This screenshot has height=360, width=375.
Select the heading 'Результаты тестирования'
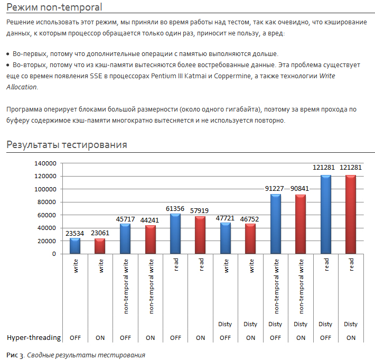67,145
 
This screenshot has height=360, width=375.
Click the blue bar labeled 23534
75,246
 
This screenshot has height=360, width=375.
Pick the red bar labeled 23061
100,246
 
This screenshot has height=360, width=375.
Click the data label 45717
125,219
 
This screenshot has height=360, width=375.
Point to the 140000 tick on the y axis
45,163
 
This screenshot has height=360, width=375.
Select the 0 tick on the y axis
54,254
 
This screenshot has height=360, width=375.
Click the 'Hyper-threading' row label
34,337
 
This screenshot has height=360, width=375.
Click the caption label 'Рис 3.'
14,355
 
